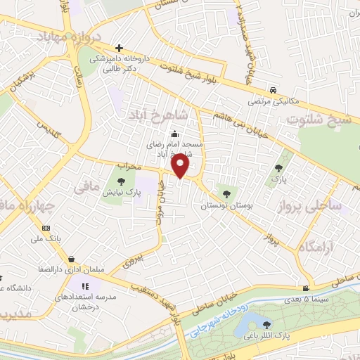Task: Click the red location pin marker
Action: tap(180, 166)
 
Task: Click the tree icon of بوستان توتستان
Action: tap(225, 190)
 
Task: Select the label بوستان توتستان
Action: tap(226, 206)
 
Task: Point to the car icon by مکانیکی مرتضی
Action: tap(272, 91)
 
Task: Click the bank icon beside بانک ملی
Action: tap(46, 229)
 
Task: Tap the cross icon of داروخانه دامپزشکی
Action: tap(119, 47)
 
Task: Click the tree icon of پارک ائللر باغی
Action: tap(266, 324)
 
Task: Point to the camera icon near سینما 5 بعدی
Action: tap(305, 288)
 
